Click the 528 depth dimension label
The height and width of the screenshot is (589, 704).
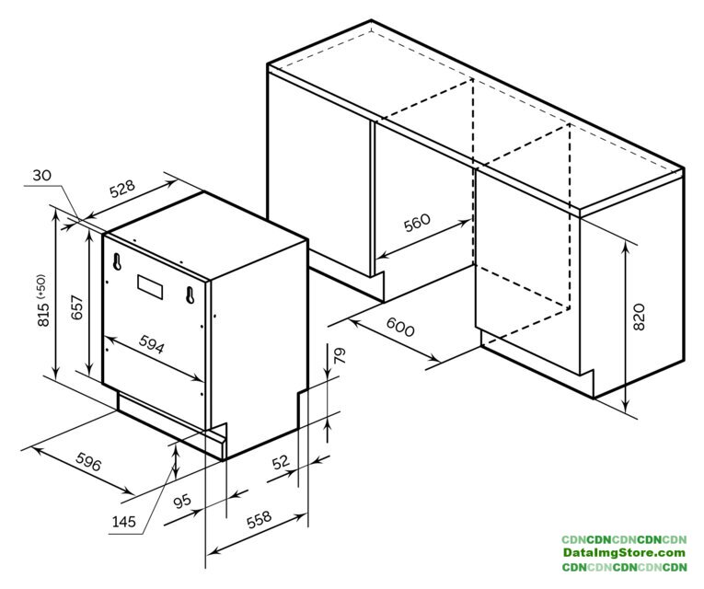[x=122, y=189]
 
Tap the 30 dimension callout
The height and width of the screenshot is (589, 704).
[x=41, y=176]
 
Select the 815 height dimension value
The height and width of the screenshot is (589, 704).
[x=43, y=314]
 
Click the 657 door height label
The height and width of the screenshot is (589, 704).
[x=77, y=307]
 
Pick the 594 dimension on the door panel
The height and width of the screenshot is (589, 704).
[x=151, y=345]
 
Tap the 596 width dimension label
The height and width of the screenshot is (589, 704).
[x=88, y=462]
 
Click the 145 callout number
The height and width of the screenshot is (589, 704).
[x=123, y=522]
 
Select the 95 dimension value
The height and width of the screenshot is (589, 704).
[x=182, y=501]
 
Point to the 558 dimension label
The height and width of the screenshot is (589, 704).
[x=260, y=519]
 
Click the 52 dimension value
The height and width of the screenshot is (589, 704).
[x=281, y=462]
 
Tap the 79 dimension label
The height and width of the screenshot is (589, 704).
[x=340, y=355]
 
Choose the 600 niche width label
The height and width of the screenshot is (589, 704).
[x=399, y=328]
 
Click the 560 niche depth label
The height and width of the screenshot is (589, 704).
[x=417, y=223]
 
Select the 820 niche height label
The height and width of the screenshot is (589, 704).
[x=639, y=317]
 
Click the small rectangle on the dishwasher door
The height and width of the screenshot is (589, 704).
[x=150, y=287]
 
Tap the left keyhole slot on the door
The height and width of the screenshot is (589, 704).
[x=117, y=261]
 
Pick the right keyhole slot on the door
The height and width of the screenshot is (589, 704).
[x=190, y=294]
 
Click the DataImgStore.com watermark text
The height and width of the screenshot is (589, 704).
[x=624, y=552]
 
